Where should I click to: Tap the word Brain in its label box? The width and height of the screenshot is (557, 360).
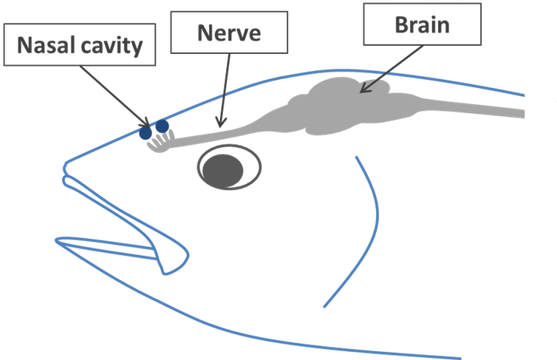pos(421,25)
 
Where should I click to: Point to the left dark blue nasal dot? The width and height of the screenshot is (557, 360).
pos(146,132)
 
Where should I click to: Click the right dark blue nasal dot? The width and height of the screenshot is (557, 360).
pos(161,127)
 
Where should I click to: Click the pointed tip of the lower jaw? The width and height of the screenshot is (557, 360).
pos(58,242)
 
